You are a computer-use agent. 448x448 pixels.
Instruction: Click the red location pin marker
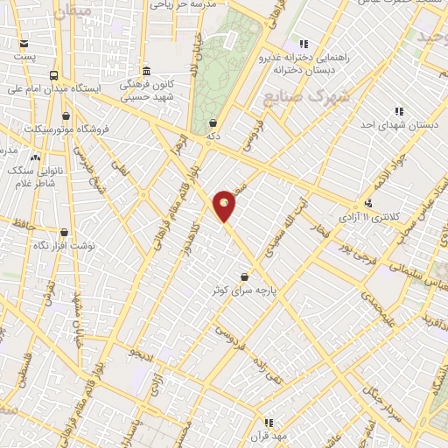click(224, 206)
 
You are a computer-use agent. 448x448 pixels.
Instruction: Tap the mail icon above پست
click(22, 43)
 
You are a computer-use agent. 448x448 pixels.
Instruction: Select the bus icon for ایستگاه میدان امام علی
click(55, 76)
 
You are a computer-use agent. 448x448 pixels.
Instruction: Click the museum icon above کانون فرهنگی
click(146, 72)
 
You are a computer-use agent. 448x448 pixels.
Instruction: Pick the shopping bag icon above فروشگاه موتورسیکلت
click(66, 115)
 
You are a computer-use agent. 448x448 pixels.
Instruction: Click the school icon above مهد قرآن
click(269, 423)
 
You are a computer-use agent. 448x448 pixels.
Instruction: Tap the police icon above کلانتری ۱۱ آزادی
click(369, 202)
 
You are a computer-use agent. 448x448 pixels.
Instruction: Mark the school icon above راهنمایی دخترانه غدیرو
click(304, 43)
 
